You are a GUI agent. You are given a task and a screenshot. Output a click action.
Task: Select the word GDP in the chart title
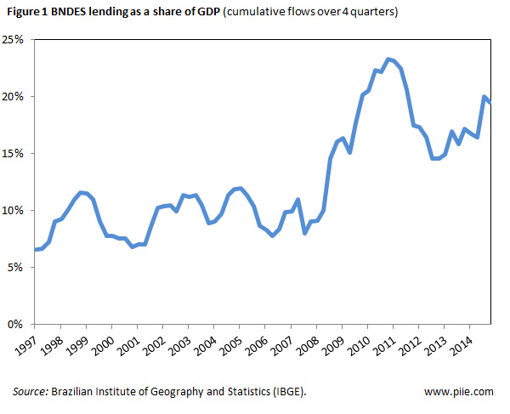coord(195,14)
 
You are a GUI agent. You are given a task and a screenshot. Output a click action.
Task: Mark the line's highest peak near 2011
coord(388,60)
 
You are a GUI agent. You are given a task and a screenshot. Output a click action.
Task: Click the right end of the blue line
coord(489,102)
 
